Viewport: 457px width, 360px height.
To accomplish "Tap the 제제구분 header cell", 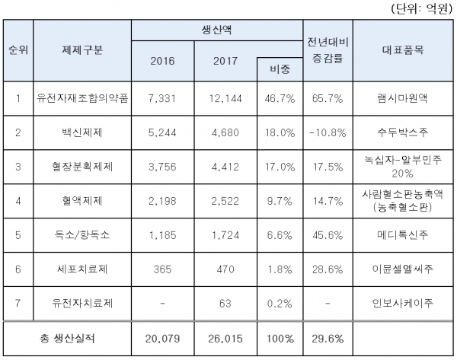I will point(82,50).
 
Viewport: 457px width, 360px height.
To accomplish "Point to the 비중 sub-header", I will point(280,68).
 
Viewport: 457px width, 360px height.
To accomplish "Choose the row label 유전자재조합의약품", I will point(82,98).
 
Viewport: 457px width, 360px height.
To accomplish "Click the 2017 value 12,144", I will point(225,98).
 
